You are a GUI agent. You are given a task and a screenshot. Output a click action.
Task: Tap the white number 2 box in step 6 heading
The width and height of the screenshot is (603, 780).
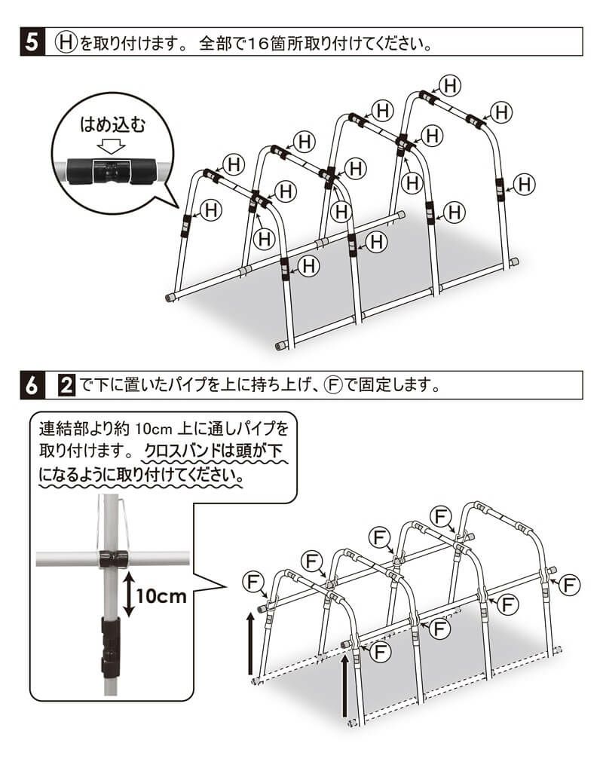pyautogui.click(x=66, y=386)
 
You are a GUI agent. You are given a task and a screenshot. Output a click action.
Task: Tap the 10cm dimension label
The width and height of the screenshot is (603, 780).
pyautogui.click(x=161, y=595)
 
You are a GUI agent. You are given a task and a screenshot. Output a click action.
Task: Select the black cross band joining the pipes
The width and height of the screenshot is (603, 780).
pyautogui.click(x=112, y=558)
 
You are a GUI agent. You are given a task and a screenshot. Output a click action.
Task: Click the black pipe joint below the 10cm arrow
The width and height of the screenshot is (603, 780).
pyautogui.click(x=110, y=644)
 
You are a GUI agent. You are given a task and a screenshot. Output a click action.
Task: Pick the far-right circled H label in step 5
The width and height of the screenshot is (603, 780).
pyautogui.click(x=525, y=183)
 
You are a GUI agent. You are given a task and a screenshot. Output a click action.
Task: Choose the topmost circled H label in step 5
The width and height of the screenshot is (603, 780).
pyautogui.click(x=450, y=85)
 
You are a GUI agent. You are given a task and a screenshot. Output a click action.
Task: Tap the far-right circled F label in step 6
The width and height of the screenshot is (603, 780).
pyautogui.click(x=571, y=584)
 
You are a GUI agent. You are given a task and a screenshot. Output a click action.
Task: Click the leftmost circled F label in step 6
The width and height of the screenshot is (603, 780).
pyautogui.click(x=253, y=583)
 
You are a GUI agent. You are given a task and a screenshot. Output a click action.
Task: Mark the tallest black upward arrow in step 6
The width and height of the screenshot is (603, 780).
pyautogui.click(x=344, y=686)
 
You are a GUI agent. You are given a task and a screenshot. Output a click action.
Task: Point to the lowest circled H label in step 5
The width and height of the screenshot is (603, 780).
pyautogui.click(x=308, y=265)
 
